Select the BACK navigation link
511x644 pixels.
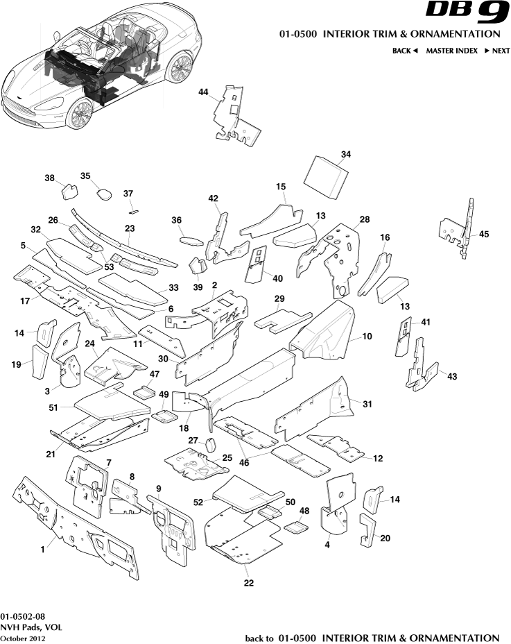point(405,51)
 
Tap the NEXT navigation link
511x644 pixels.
point(497,51)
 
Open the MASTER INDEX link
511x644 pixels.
point(451,51)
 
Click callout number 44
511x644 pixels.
point(203,92)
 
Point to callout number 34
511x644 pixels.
point(346,154)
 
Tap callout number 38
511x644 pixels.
point(50,178)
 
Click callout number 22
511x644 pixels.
point(248,583)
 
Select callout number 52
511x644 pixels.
point(198,502)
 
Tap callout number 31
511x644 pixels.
point(367,404)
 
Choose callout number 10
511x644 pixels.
point(367,337)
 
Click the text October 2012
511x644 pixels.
point(23,638)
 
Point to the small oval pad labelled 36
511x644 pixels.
point(190,241)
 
